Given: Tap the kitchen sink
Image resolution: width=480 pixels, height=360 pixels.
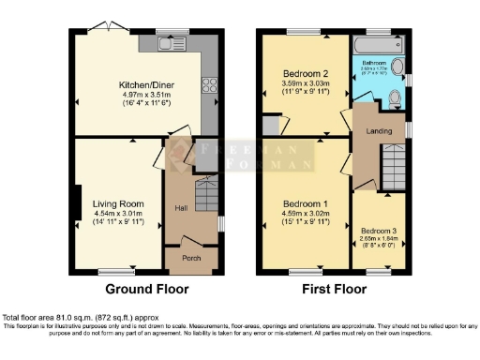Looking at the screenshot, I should coord(175,43).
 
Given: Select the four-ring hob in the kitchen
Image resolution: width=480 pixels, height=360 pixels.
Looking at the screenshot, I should coord(209,86).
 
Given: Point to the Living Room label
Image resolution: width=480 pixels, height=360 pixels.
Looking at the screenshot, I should coord(118,203).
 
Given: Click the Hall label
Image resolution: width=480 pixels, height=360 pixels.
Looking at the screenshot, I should coord(181,207).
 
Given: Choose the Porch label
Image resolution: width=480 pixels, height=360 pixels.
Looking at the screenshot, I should coord(191,258).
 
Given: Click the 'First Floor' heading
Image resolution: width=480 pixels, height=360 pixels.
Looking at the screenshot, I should coord(334,289).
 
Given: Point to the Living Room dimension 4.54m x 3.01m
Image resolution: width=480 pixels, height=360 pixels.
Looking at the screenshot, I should coord(118,213).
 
